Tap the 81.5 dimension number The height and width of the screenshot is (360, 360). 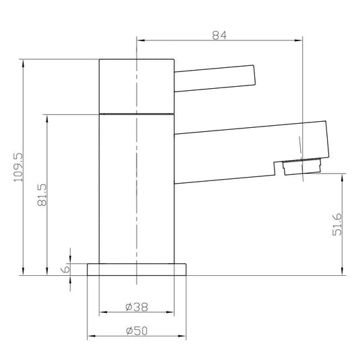[42, 196]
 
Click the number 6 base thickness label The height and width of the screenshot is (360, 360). [66, 268]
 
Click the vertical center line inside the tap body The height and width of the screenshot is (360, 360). [137, 188]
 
